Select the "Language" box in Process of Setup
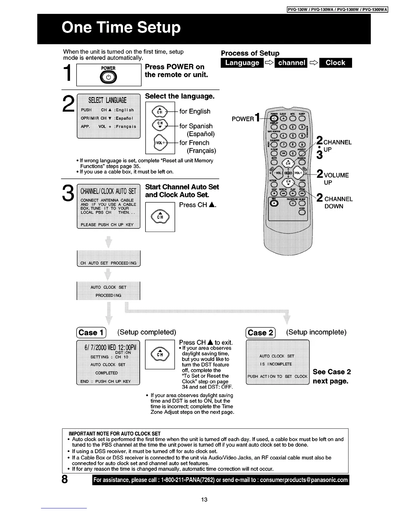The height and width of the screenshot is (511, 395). pos(242,63)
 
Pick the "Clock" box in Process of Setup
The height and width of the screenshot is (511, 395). pos(335,63)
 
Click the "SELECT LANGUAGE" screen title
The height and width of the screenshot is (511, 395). pos(108,100)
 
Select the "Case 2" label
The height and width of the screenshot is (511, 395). pos(260,333)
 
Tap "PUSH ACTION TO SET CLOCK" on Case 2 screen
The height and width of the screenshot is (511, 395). pos(278,376)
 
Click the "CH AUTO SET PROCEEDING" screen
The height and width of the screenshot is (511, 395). pos(108,263)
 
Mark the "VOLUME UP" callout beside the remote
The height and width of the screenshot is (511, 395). pos(336,179)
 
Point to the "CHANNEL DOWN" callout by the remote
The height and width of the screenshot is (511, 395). pos(337,203)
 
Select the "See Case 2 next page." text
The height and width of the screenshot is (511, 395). pos(331,376)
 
